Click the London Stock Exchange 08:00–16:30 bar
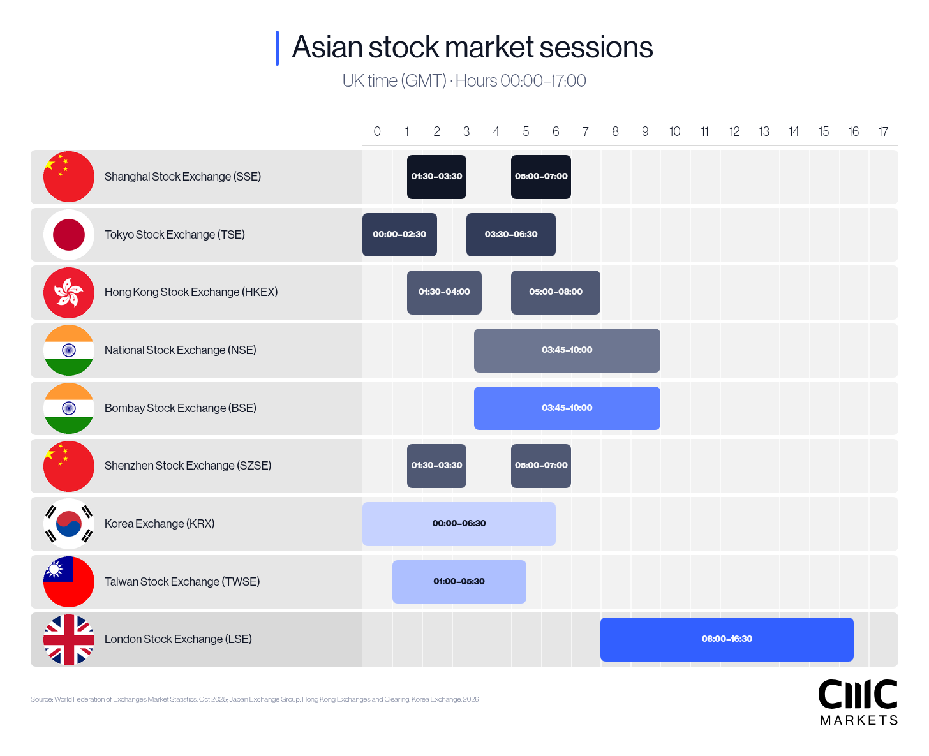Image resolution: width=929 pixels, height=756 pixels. pyautogui.click(x=727, y=639)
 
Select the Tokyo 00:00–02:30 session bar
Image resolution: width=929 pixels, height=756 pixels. pyautogui.click(x=399, y=235)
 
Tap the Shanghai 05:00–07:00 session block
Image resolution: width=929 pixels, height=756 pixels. pyautogui.click(x=541, y=177)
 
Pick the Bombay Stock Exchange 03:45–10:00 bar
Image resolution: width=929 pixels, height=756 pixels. pyautogui.click(x=567, y=408)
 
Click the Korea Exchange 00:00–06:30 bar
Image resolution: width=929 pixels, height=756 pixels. pyautogui.click(x=459, y=524)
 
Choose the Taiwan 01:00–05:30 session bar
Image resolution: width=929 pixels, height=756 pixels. pyautogui.click(x=459, y=582)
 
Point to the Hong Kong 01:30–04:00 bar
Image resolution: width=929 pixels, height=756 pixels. pyautogui.click(x=444, y=292)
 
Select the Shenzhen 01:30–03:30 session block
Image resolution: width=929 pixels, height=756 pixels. pyautogui.click(x=436, y=466)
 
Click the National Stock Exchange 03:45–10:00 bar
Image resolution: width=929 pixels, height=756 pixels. pyautogui.click(x=567, y=350)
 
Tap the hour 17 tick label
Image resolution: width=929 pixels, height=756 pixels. pyautogui.click(x=883, y=131)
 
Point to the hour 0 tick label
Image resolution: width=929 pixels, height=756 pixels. pyautogui.click(x=377, y=131)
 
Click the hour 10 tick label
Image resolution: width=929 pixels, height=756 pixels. pyautogui.click(x=674, y=131)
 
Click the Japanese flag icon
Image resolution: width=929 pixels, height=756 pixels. pyautogui.click(x=69, y=235)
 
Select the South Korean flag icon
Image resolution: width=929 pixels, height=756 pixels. pyautogui.click(x=69, y=524)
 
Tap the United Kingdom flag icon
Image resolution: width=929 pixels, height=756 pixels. pyautogui.click(x=69, y=639)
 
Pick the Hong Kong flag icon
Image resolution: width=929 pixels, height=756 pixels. pyautogui.click(x=69, y=293)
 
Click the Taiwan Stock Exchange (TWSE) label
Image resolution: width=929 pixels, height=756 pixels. pyautogui.click(x=182, y=582)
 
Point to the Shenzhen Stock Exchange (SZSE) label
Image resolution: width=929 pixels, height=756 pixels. pyautogui.click(x=188, y=466)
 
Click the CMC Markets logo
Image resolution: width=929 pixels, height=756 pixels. pyautogui.click(x=858, y=702)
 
